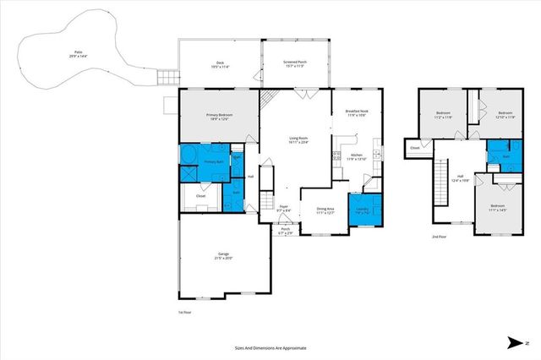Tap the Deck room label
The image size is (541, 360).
click(x=219, y=64)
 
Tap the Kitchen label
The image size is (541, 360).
click(x=356, y=156)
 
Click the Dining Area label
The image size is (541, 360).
click(x=325, y=210)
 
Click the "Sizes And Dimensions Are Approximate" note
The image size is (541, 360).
click(x=270, y=346)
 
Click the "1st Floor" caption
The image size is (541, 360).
click(x=183, y=312)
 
